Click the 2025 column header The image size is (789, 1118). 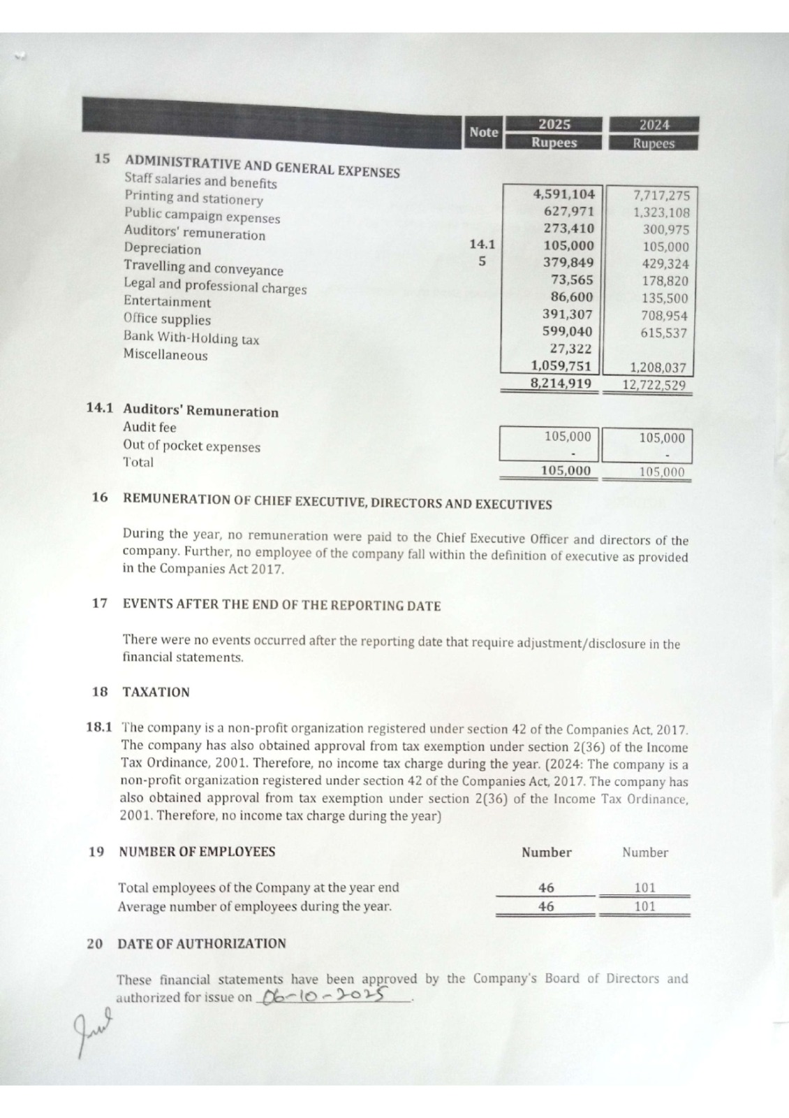(554, 124)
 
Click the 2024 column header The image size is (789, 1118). (654, 125)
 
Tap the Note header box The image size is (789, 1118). (483, 132)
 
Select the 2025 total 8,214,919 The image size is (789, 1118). (561, 383)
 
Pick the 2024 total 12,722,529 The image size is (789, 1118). (654, 385)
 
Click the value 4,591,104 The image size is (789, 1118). (563, 194)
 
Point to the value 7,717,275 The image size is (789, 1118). (661, 196)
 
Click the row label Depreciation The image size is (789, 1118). (162, 249)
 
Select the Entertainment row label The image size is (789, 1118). (167, 302)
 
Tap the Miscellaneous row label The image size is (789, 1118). (165, 355)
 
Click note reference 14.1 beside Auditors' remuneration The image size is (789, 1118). (482, 245)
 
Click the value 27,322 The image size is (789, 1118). (570, 349)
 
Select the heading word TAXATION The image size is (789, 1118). (156, 692)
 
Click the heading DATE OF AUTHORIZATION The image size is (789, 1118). (202, 943)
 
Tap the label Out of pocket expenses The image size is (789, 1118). (191, 447)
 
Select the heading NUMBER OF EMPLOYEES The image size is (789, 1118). (197, 852)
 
